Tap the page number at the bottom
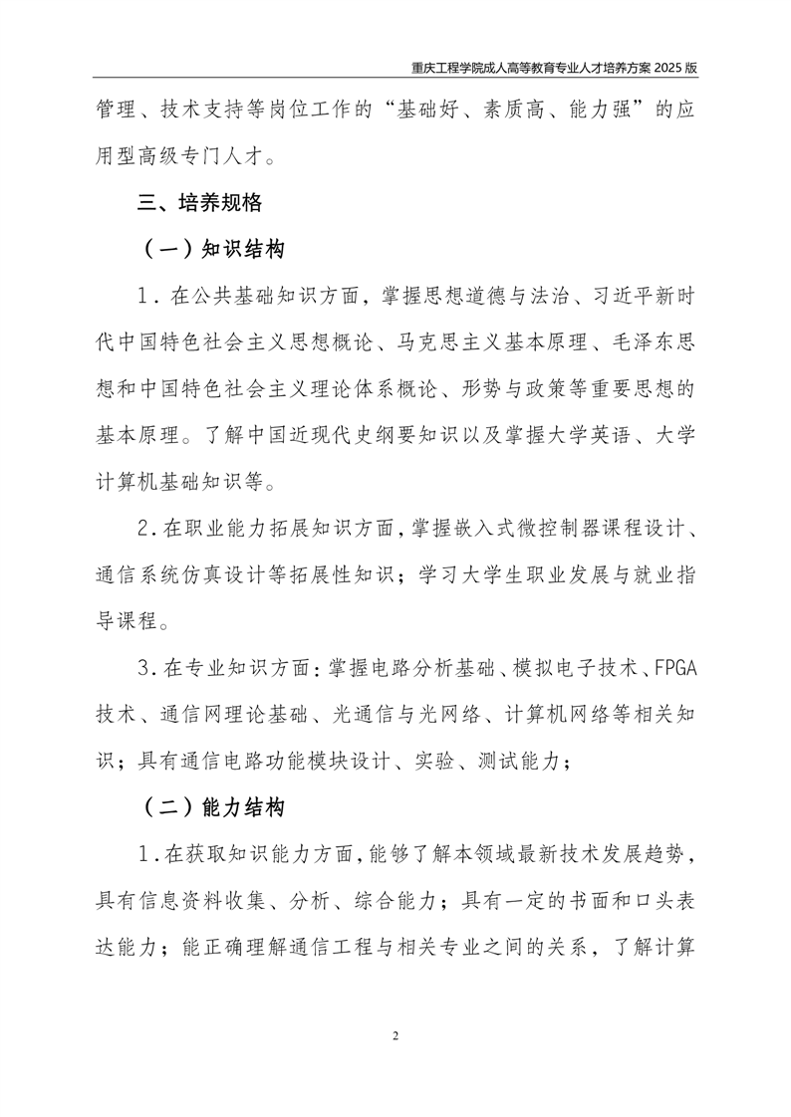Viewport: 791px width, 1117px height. (x=395, y=1036)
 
